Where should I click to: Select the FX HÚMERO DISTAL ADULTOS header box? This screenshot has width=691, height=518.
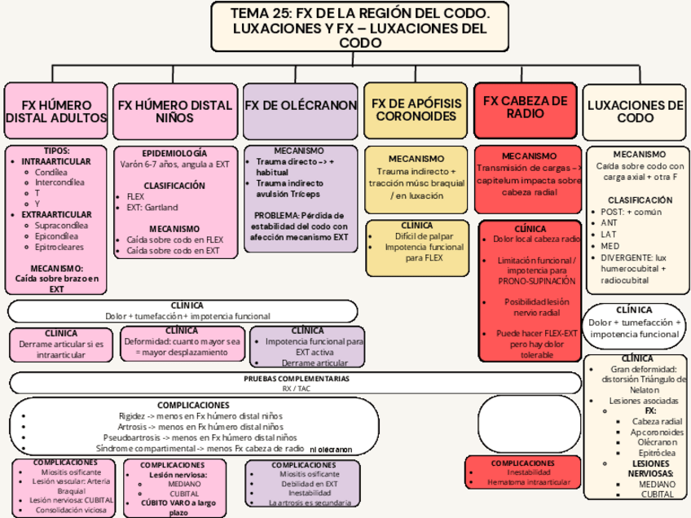pos(56,112)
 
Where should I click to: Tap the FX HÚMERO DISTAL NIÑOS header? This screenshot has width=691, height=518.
pos(175,112)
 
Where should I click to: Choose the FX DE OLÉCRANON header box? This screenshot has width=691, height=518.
pos(301,106)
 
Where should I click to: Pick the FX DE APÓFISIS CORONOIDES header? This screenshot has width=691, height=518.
pos(416,110)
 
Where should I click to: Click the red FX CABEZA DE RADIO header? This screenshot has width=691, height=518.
pos(525,107)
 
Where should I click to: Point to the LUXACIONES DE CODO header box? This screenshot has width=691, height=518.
pos(636,112)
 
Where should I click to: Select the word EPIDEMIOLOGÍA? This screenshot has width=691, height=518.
pos(174,153)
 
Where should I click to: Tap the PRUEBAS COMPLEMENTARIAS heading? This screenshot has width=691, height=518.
pos(296,380)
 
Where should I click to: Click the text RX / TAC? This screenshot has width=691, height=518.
pos(297,389)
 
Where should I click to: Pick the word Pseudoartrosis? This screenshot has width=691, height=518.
pos(130,437)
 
